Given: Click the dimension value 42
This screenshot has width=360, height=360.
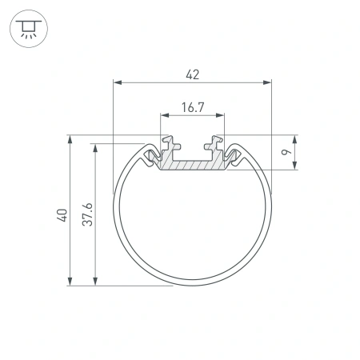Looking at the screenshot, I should click(192, 74).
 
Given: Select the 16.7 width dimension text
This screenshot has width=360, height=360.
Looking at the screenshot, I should click(192, 106).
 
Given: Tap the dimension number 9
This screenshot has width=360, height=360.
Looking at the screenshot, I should click(286, 152).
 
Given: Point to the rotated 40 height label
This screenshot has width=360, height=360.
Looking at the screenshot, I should click(62, 214).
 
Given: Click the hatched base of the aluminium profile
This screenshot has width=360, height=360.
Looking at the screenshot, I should click(192, 164).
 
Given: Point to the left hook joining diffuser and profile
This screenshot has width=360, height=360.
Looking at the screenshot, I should click(150, 155).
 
